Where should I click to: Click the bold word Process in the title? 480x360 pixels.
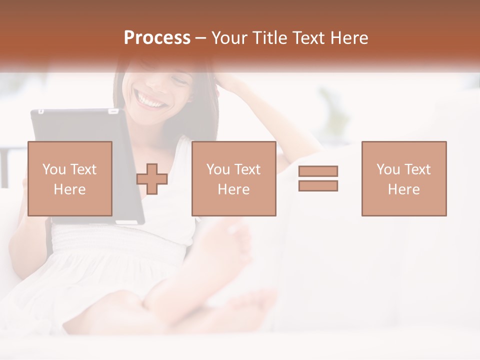tap(157, 38)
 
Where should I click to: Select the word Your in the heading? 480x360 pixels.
tap(228, 38)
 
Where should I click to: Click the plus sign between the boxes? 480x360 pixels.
tap(152, 178)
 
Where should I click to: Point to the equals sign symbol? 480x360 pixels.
tap(318, 178)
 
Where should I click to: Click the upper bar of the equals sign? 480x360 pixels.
tap(318, 171)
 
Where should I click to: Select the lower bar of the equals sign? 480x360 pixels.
tap(318, 185)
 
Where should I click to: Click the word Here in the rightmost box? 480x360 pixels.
tap(403, 189)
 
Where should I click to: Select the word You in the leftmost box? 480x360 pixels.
tap(53, 169)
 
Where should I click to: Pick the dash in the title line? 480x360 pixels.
tap(200, 39)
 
